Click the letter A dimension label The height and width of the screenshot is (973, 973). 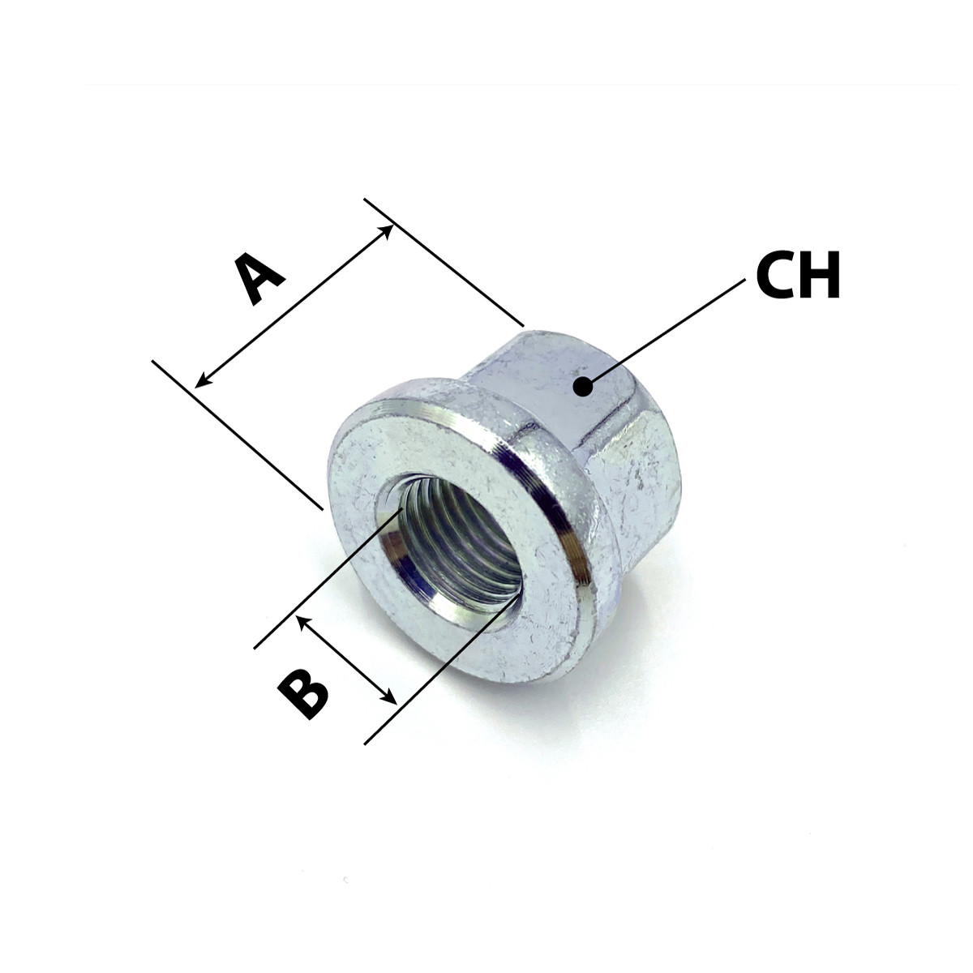(x=259, y=279)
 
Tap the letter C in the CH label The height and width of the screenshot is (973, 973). (x=777, y=275)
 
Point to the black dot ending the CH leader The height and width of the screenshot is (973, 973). (x=584, y=386)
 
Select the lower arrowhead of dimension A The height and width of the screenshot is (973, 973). (x=202, y=380)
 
